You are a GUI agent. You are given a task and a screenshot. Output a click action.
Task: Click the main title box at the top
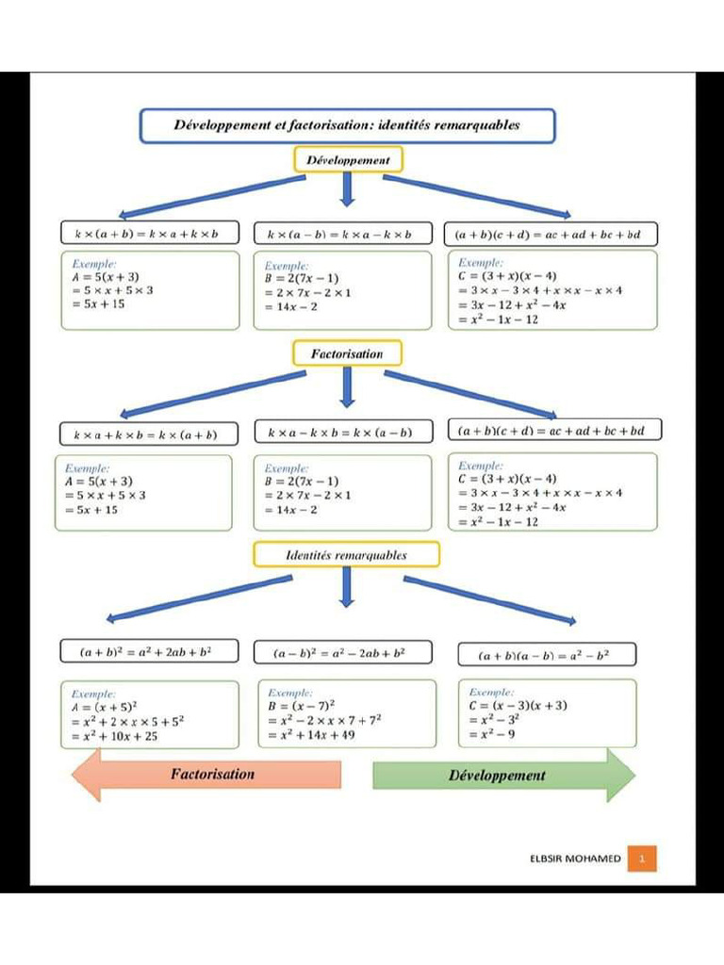(x=347, y=125)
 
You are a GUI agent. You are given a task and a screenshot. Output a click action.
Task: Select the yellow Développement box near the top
(x=347, y=160)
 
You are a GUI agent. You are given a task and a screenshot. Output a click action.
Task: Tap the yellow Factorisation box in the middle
(x=347, y=353)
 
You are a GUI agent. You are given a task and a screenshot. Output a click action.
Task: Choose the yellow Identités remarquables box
(x=346, y=555)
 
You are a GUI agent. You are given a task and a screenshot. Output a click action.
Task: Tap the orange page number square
(x=642, y=859)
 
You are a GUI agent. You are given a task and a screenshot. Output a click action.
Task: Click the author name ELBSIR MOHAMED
(x=575, y=859)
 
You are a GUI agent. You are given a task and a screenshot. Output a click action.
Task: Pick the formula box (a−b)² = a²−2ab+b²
(x=343, y=652)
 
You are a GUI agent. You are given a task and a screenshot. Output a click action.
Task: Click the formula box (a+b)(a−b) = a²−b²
(x=546, y=654)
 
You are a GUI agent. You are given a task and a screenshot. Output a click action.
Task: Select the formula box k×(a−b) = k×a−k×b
(x=340, y=234)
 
